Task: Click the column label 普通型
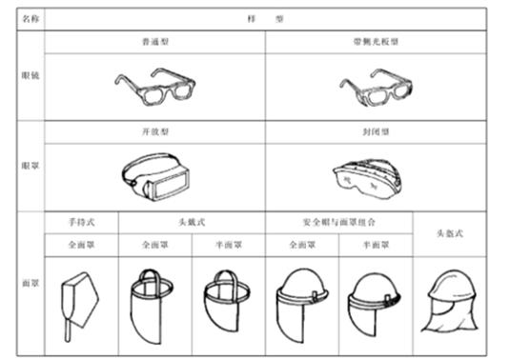153,45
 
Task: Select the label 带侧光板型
376,45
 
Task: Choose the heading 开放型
153,132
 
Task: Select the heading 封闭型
376,132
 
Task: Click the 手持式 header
80,221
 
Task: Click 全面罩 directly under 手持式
80,244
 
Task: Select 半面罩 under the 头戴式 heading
229,244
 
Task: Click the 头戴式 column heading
192,221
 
